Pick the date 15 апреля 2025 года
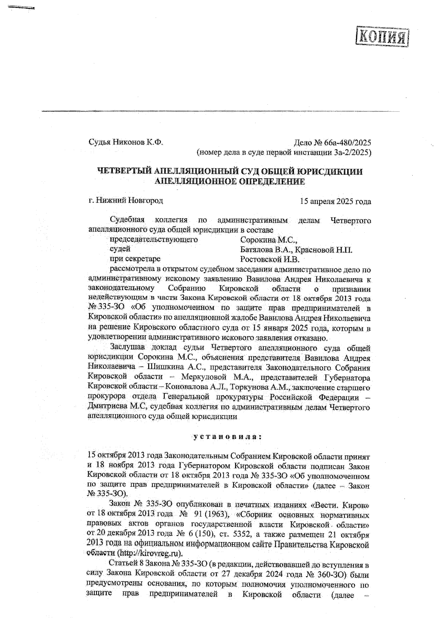335,201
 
